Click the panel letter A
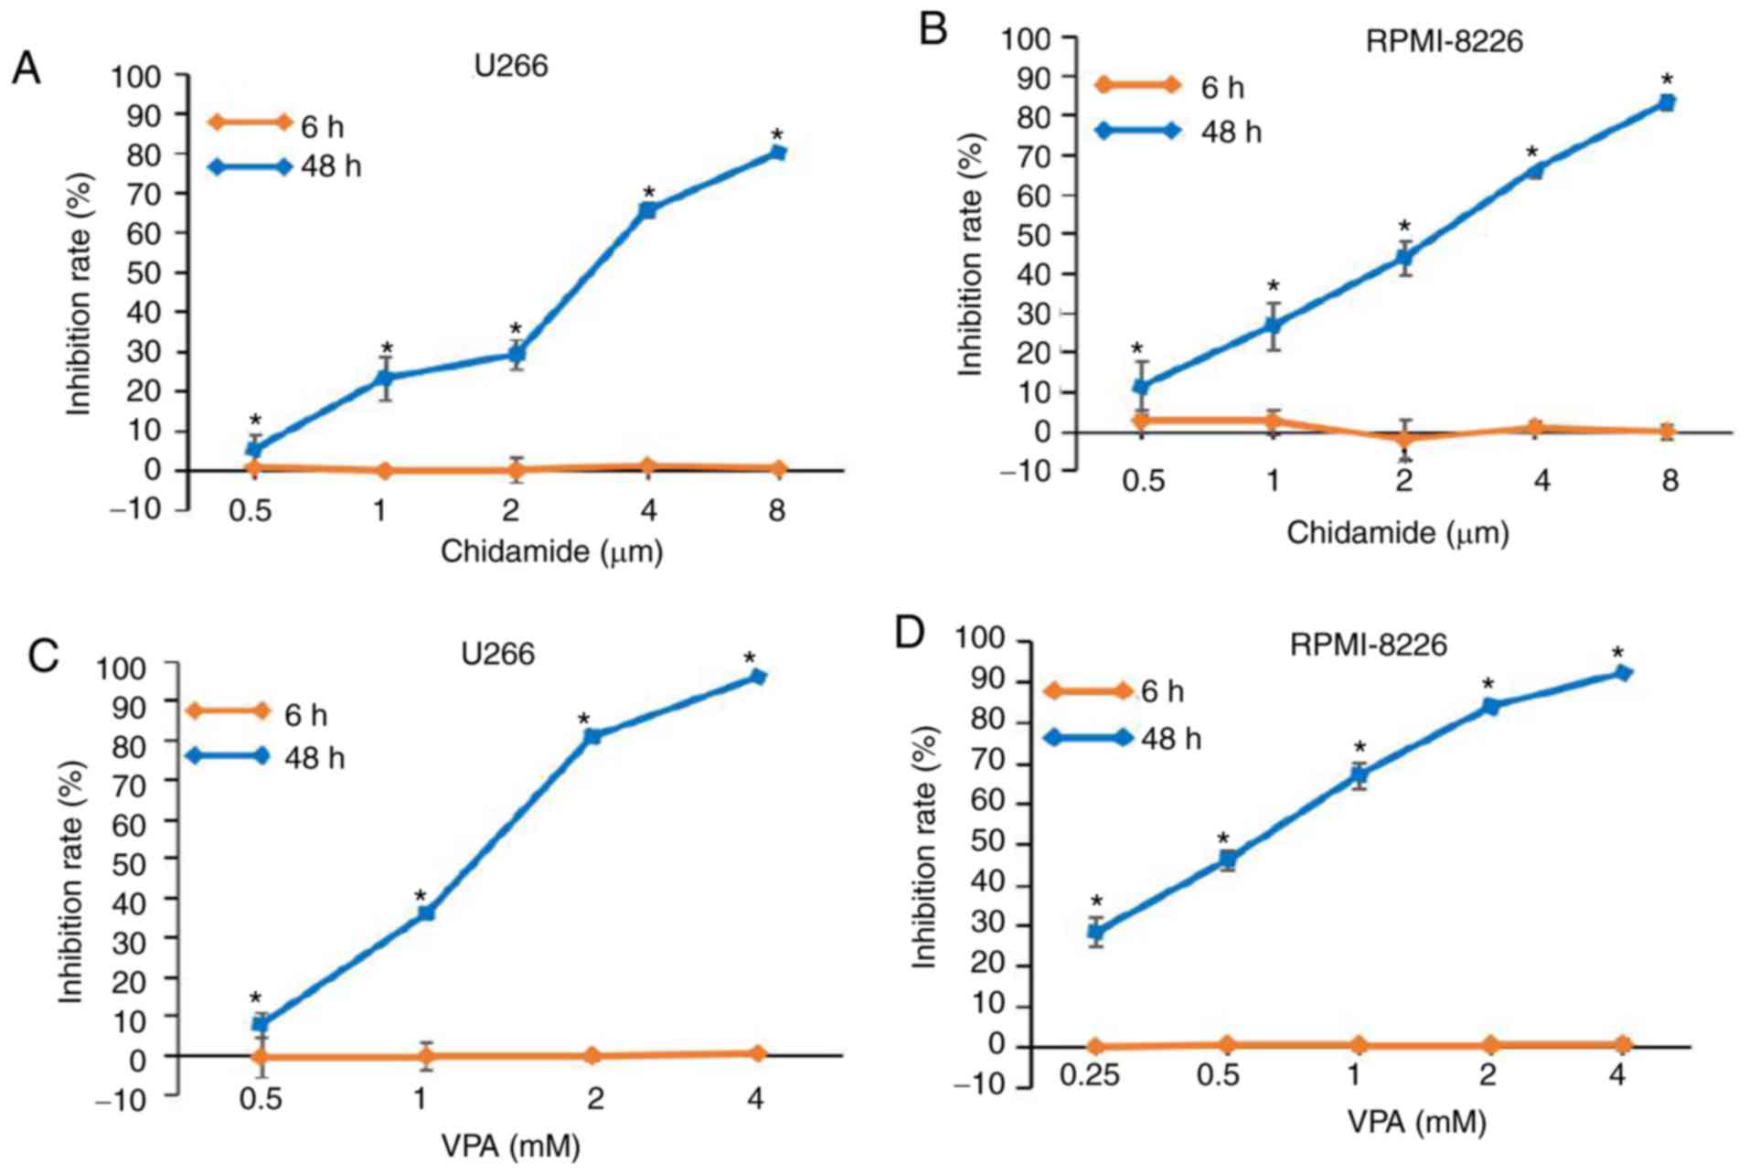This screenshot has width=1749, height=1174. coord(26,69)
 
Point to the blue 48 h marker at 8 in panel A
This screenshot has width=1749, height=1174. coord(777,153)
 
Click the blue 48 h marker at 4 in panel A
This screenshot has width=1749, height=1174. coord(647,210)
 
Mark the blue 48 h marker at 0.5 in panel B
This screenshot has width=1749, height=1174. coord(1140,387)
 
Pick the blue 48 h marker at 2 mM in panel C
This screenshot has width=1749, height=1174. coord(592,736)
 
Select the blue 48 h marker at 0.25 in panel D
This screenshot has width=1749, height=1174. coord(1095,933)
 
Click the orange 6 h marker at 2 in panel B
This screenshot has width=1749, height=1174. coord(1404,438)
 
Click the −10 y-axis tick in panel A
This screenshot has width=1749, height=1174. coord(137,510)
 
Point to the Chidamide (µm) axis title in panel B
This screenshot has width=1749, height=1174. coord(1397,532)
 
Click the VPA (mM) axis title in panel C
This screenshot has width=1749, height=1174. coord(510,1146)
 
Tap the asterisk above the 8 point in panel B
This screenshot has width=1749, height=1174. coord(1667,80)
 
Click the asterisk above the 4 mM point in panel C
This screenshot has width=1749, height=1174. coord(750,658)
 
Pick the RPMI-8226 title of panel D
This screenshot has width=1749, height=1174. coord(1368,646)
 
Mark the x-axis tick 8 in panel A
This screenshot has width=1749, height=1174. coord(776,510)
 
